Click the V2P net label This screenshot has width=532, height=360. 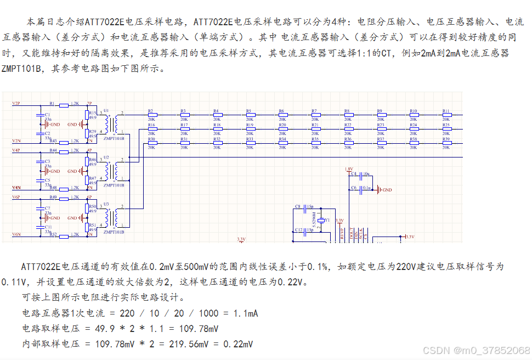coord(16,103)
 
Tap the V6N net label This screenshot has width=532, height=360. coord(16,234)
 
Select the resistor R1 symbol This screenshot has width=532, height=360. coord(64,104)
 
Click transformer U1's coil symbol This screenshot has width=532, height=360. coord(114,124)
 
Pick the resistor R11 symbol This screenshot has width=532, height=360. coord(446,115)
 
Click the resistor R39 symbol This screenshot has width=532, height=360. coord(446,143)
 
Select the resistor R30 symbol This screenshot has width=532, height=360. coord(151,143)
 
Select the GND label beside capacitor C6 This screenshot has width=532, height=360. coord(387,190)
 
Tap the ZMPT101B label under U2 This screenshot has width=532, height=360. coord(114,185)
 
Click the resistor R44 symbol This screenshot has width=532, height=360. coord(64,151)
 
